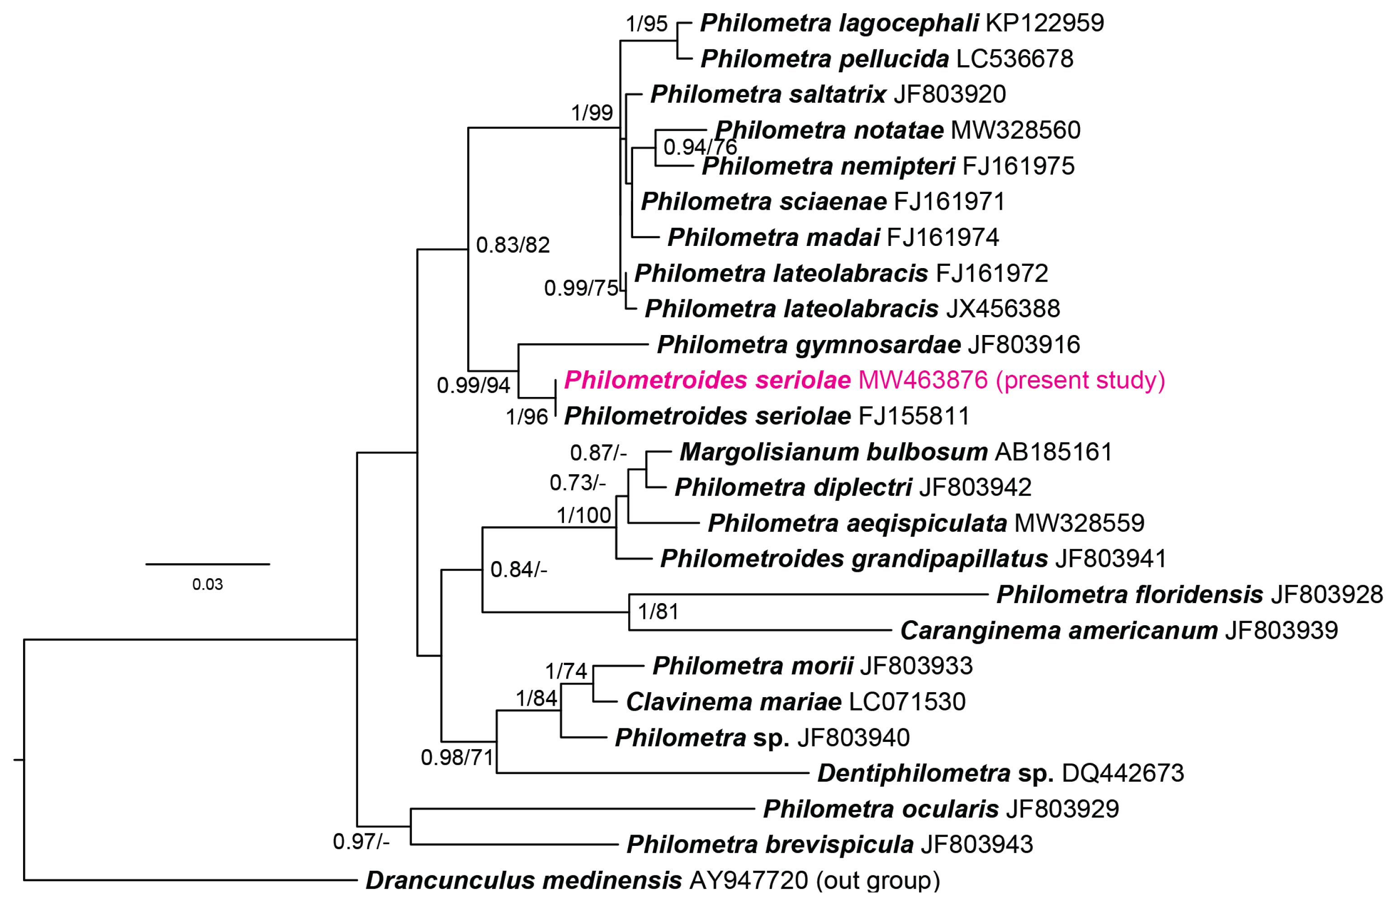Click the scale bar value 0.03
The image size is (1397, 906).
pyautogui.click(x=207, y=585)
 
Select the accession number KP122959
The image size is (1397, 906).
pyautogui.click(x=1044, y=24)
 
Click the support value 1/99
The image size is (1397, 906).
pyautogui.click(x=592, y=112)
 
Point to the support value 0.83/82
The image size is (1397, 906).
pyautogui.click(x=512, y=245)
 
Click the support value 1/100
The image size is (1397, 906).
pyautogui.click(x=583, y=515)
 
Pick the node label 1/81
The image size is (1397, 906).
pyautogui.click(x=658, y=611)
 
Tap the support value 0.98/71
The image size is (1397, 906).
pyautogui.click(x=457, y=758)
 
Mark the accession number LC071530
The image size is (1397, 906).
pyautogui.click(x=907, y=702)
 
